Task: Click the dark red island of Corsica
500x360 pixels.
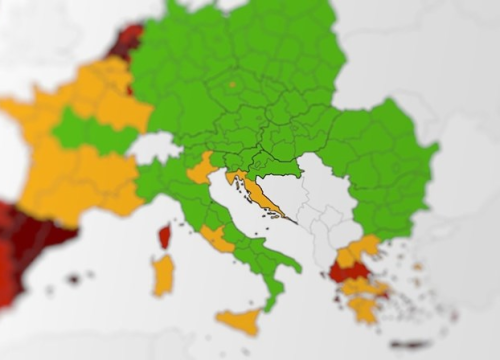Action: [x=164, y=236]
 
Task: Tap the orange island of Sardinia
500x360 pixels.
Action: [x=163, y=274]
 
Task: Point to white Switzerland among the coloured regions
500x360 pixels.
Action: [x=154, y=148]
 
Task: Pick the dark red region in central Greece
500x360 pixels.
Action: [x=347, y=270]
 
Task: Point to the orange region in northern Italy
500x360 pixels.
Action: [x=201, y=167]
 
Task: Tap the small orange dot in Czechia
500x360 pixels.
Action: [x=232, y=85]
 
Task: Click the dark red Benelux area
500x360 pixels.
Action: [x=126, y=42]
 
